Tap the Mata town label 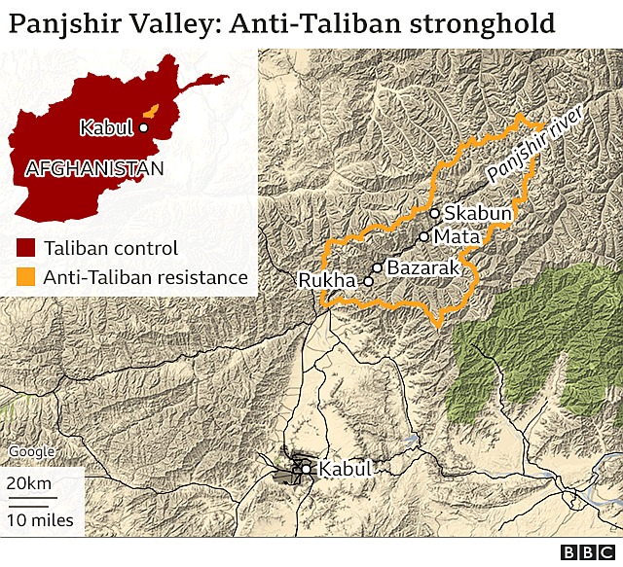pyautogui.click(x=457, y=236)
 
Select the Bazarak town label pyautogui.click(x=421, y=266)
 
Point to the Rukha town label pyautogui.click(x=328, y=281)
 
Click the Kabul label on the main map pyautogui.click(x=345, y=469)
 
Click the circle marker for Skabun pyautogui.click(x=434, y=213)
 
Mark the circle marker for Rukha pyautogui.click(x=368, y=281)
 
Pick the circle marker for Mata pyautogui.click(x=423, y=236)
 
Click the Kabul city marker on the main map pyautogui.click(x=307, y=470)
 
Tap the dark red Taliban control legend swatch pyautogui.click(x=26, y=248)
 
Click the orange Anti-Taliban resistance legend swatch pyautogui.click(x=26, y=278)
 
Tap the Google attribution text pyautogui.click(x=31, y=451)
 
